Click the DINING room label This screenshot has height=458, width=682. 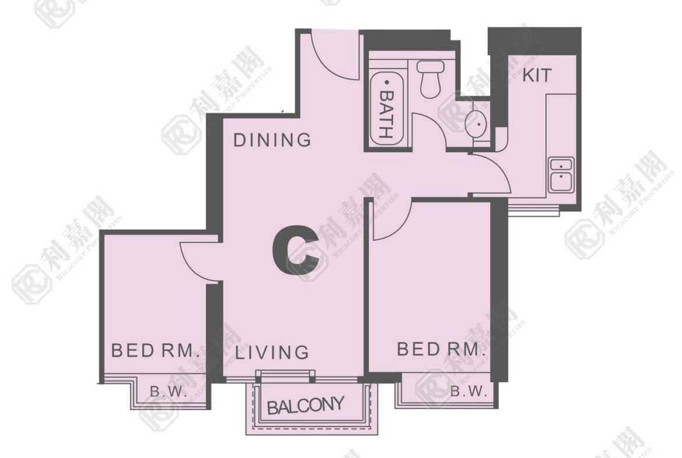(272, 140)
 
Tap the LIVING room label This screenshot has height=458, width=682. (272, 352)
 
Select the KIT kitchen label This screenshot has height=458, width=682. (537, 75)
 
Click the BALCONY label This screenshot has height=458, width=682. (305, 405)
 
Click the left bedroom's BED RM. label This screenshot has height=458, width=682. (155, 350)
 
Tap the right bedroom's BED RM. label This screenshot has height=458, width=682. (441, 349)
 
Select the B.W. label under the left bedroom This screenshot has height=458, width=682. (169, 391)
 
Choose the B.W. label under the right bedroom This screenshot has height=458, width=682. (469, 391)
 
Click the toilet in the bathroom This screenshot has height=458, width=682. (430, 79)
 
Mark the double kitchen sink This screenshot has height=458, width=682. (561, 175)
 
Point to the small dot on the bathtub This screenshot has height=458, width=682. (386, 82)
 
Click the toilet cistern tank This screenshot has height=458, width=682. (431, 67)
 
